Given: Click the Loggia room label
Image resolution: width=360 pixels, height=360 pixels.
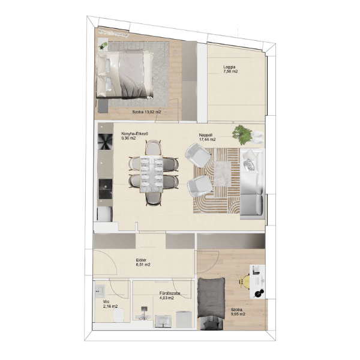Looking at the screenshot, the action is [230, 70].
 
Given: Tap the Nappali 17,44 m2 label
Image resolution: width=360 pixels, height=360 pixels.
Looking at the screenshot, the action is [207, 137].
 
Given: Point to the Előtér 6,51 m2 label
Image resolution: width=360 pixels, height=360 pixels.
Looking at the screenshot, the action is [143, 262].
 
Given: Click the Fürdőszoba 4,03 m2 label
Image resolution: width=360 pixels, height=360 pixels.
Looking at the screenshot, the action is [170, 296].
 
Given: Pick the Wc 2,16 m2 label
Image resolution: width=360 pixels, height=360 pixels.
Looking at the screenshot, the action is [110, 304].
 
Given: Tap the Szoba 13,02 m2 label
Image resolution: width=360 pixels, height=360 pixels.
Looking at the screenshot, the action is [146, 112].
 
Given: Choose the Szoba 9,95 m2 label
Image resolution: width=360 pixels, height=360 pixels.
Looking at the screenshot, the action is [238, 312].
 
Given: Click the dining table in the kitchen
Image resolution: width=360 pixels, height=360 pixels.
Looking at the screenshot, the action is [151, 174].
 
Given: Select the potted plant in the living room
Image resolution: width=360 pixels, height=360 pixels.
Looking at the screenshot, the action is [242, 134].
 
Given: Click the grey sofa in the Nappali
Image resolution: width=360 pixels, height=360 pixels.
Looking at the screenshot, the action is [252, 184].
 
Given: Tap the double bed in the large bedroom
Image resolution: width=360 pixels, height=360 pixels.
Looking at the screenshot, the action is [125, 74].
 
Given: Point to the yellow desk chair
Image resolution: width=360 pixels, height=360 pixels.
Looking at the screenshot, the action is [245, 281].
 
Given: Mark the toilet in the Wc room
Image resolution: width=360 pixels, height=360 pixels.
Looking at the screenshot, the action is [119, 315].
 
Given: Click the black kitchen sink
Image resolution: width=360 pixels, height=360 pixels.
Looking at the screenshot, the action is [106, 189].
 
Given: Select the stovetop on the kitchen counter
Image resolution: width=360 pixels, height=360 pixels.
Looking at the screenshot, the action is [106, 142].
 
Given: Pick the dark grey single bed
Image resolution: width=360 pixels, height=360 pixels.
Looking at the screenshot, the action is [211, 298].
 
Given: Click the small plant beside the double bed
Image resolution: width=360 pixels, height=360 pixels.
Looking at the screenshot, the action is [103, 46].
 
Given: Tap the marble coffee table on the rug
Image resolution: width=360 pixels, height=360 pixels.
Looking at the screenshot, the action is [223, 173].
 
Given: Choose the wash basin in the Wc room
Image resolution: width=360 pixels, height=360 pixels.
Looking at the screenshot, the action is [100, 291].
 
